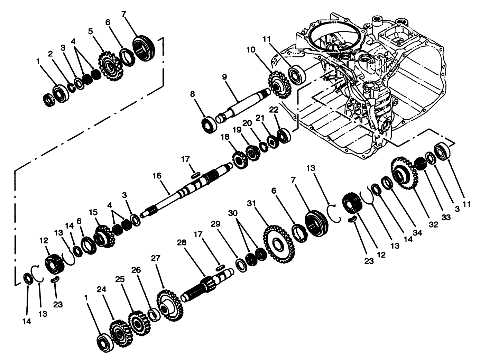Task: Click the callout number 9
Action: (224, 77)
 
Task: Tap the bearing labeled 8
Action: (209, 124)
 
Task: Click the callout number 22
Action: (274, 110)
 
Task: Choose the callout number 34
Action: (418, 233)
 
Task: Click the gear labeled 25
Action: (139, 324)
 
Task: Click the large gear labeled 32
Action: (403, 173)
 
